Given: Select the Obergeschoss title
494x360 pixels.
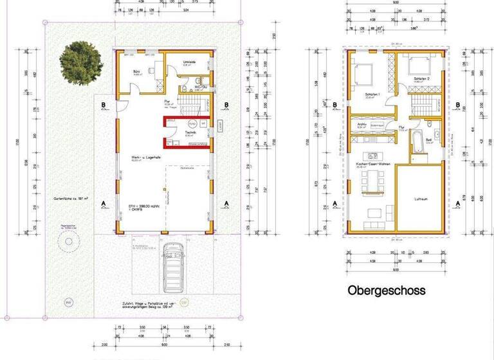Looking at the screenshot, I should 386,291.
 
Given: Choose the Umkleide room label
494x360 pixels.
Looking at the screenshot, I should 188,62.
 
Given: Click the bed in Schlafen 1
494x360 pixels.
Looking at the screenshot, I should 361,74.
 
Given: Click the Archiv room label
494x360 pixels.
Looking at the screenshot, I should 361,123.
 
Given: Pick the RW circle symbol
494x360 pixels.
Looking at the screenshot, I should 68,302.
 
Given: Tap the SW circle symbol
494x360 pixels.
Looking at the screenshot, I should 183,303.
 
